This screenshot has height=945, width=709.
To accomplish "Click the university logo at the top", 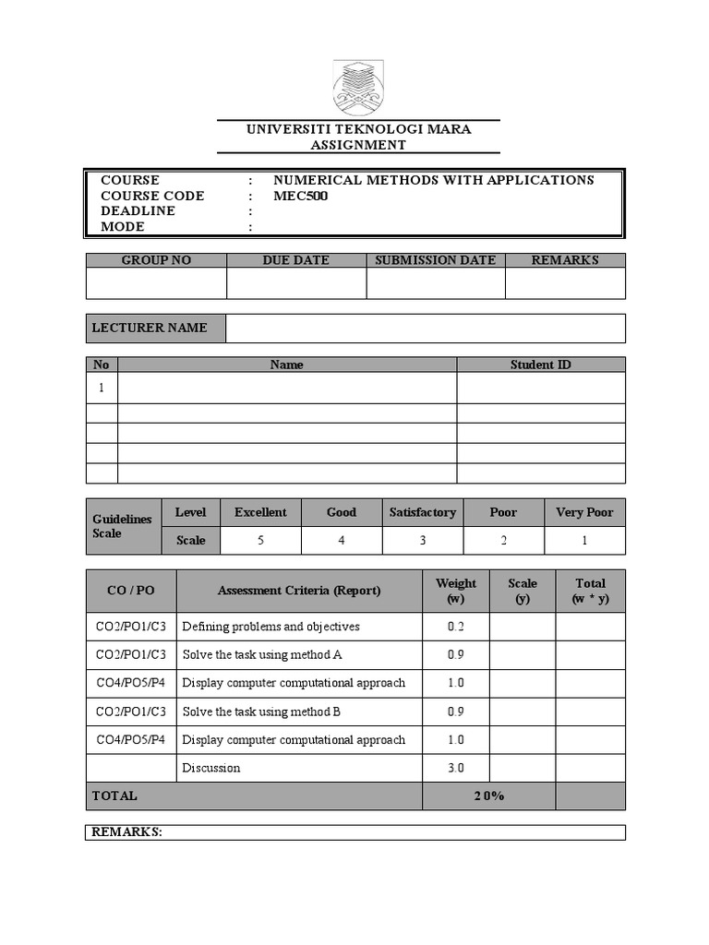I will pyautogui.click(x=357, y=88).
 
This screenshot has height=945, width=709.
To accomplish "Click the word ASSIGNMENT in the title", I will pyautogui.click(x=358, y=145).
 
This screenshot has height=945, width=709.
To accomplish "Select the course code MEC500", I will pyautogui.click(x=301, y=196).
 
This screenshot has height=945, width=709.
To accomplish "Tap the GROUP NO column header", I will pyautogui.click(x=156, y=260).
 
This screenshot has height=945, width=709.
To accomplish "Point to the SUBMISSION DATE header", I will pyautogui.click(x=435, y=260).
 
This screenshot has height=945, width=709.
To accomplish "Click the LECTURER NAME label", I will pyautogui.click(x=150, y=328).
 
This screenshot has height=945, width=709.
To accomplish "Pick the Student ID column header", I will pyautogui.click(x=540, y=365).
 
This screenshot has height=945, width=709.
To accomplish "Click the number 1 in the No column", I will pyautogui.click(x=102, y=388).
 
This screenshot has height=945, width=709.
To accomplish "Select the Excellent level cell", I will pyautogui.click(x=260, y=512).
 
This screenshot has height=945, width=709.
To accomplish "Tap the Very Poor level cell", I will pyautogui.click(x=584, y=512).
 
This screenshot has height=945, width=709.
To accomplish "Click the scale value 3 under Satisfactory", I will pyautogui.click(x=423, y=540).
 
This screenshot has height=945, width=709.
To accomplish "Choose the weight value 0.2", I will pyautogui.click(x=456, y=627).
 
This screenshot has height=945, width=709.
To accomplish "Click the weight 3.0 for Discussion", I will pyautogui.click(x=456, y=768).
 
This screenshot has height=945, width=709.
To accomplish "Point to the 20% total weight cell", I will pyautogui.click(x=489, y=795).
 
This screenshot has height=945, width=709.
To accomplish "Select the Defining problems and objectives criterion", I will pyautogui.click(x=271, y=627).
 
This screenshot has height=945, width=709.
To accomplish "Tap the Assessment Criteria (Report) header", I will pyautogui.click(x=299, y=591).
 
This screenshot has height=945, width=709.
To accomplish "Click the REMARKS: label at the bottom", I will pyautogui.click(x=127, y=832).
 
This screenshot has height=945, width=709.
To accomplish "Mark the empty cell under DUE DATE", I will pyautogui.click(x=296, y=283).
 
